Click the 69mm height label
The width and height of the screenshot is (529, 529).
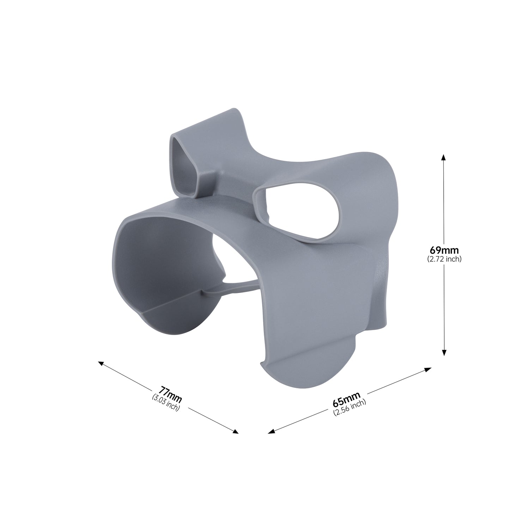pyautogui.click(x=444, y=250)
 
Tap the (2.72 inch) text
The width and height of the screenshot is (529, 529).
pyautogui.click(x=444, y=259)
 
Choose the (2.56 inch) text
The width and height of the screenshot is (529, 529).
pyautogui.click(x=349, y=408)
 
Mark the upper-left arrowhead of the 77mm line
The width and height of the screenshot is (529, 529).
pyautogui.click(x=102, y=363)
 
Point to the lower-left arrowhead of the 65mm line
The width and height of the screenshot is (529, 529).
pyautogui.click(x=272, y=431)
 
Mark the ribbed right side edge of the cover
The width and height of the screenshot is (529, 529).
pyautogui.click(x=383, y=282)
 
